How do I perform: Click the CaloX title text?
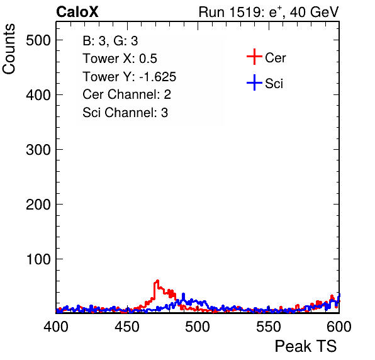point(77,12)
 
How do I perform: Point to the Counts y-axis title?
point(9,49)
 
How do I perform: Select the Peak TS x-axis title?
point(306,346)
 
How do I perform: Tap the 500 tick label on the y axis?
point(38,40)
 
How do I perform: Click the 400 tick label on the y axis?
point(38,95)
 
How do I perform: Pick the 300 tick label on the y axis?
point(38,150)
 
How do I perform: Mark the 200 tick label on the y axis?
point(38,205)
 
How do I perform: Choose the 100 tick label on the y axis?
point(38,259)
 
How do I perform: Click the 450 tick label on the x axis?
point(126,327)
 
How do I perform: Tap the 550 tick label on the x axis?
point(268,327)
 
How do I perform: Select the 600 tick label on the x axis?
point(339,327)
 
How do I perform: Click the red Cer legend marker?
point(254,57)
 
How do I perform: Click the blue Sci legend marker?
point(254,83)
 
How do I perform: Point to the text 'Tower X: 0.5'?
point(120,59)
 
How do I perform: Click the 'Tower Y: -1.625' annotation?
point(130,77)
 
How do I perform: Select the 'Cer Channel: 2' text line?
point(126,94)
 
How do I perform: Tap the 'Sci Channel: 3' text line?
point(125,113)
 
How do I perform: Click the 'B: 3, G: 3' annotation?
point(110,41)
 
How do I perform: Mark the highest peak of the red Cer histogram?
point(157,281)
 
